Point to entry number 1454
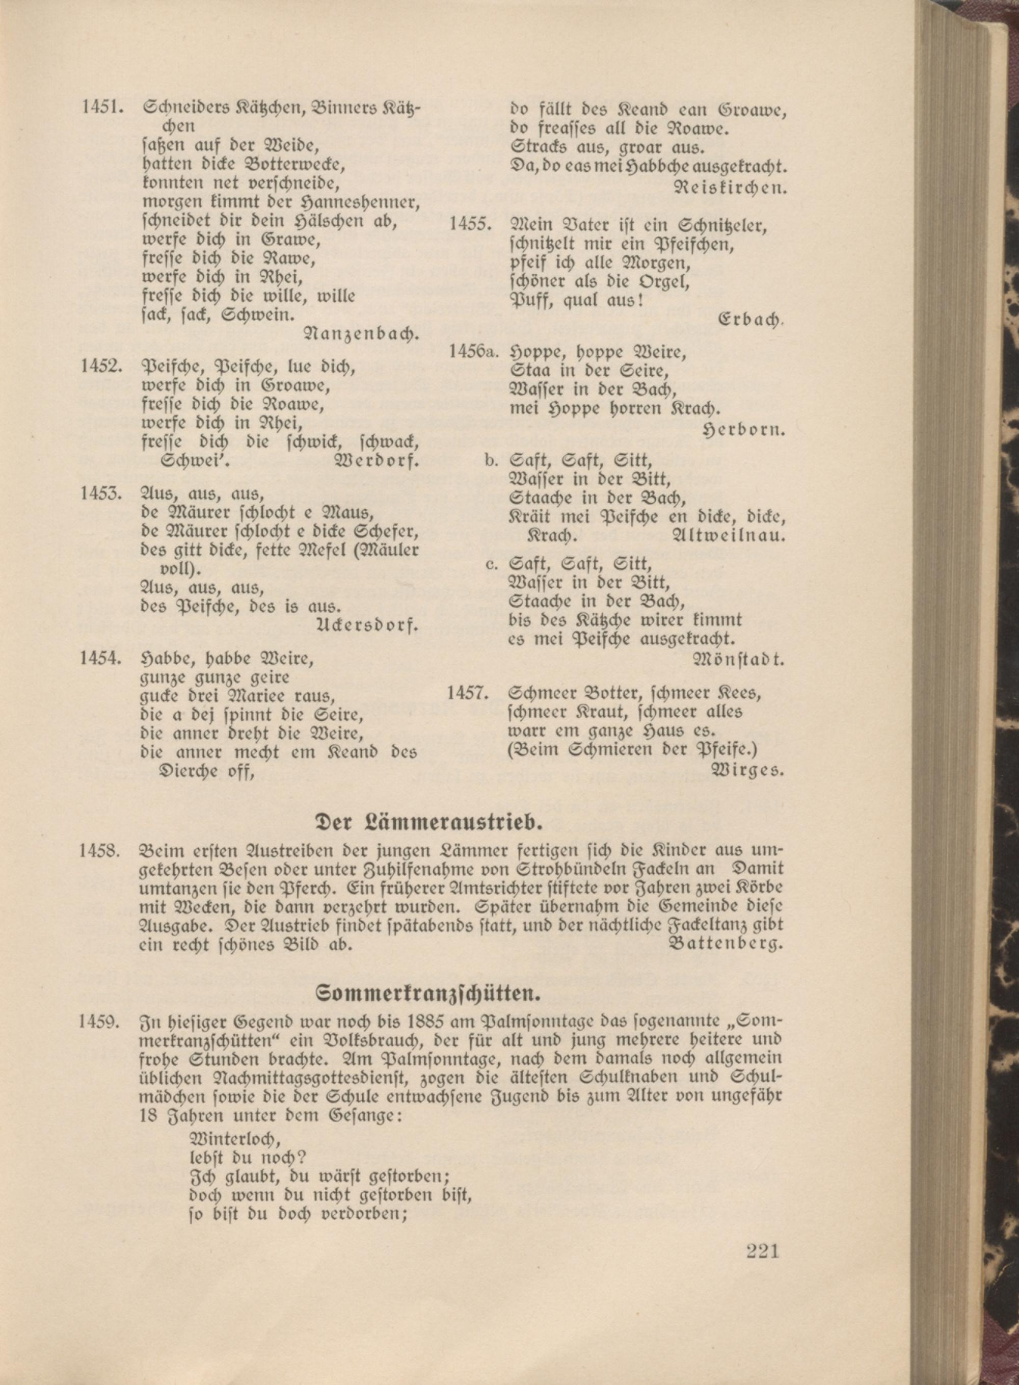[x=99, y=659]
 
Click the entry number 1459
[x=99, y=1022]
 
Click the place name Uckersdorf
[x=367, y=625]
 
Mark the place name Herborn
[x=744, y=430]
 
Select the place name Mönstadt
[x=739, y=660]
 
